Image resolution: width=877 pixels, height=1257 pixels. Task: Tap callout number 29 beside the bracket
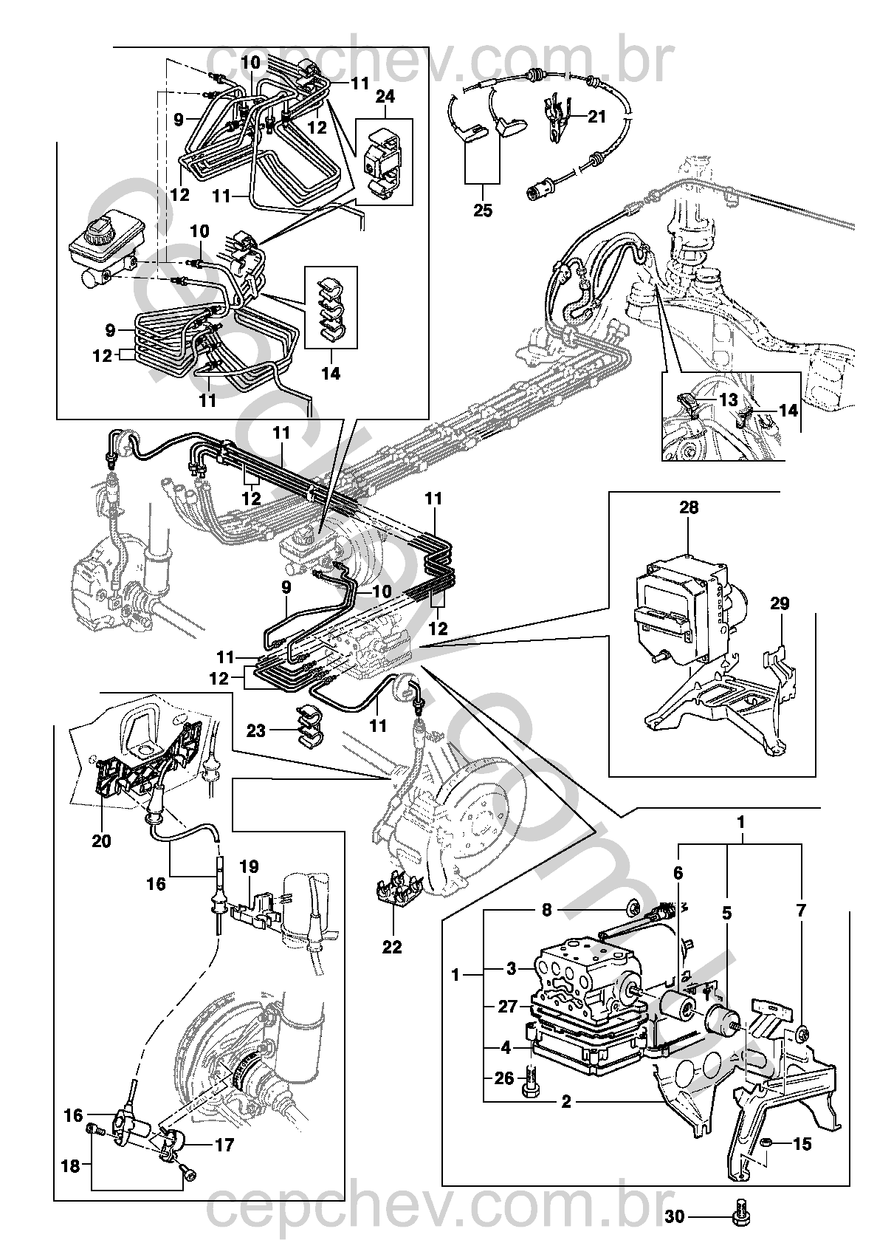780,603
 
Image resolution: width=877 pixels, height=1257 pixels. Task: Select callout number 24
385,97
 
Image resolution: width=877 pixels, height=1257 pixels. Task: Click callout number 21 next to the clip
597,116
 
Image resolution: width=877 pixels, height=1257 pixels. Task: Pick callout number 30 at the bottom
675,1216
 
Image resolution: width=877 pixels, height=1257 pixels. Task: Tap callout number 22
392,946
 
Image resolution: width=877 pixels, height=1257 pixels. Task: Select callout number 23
255,731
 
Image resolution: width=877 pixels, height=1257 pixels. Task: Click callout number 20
101,840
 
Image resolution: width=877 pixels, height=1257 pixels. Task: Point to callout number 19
249,866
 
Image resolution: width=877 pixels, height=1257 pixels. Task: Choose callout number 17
224,1145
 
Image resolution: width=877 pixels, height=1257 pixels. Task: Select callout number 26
504,1079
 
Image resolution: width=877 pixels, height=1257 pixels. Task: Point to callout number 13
728,400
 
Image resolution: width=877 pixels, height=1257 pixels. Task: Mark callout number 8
546,911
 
